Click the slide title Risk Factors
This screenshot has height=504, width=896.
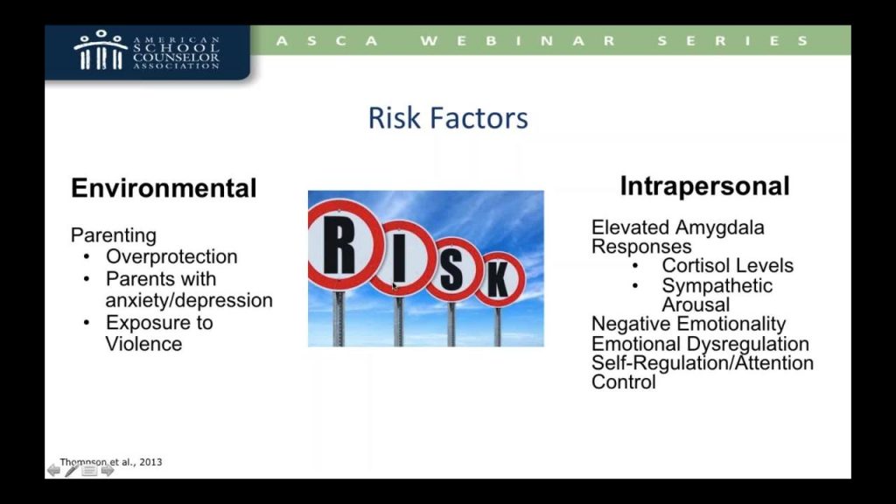(x=447, y=118)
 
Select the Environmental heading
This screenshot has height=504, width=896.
(x=164, y=189)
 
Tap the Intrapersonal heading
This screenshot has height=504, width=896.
(x=704, y=186)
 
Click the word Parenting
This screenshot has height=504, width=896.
(x=113, y=235)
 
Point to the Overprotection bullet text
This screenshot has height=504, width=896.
(x=171, y=257)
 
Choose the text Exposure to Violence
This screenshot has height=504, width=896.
(x=159, y=332)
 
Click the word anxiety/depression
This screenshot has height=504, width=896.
(x=189, y=300)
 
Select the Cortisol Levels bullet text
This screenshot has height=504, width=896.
(x=727, y=266)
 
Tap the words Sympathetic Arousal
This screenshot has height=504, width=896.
(x=717, y=295)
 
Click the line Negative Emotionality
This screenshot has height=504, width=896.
(x=689, y=325)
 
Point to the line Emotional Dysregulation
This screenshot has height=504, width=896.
(x=700, y=344)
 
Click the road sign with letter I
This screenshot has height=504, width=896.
(x=400, y=259)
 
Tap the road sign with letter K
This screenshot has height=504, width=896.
(x=499, y=279)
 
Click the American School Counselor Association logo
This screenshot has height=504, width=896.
(x=147, y=52)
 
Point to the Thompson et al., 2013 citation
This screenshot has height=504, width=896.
(x=110, y=462)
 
